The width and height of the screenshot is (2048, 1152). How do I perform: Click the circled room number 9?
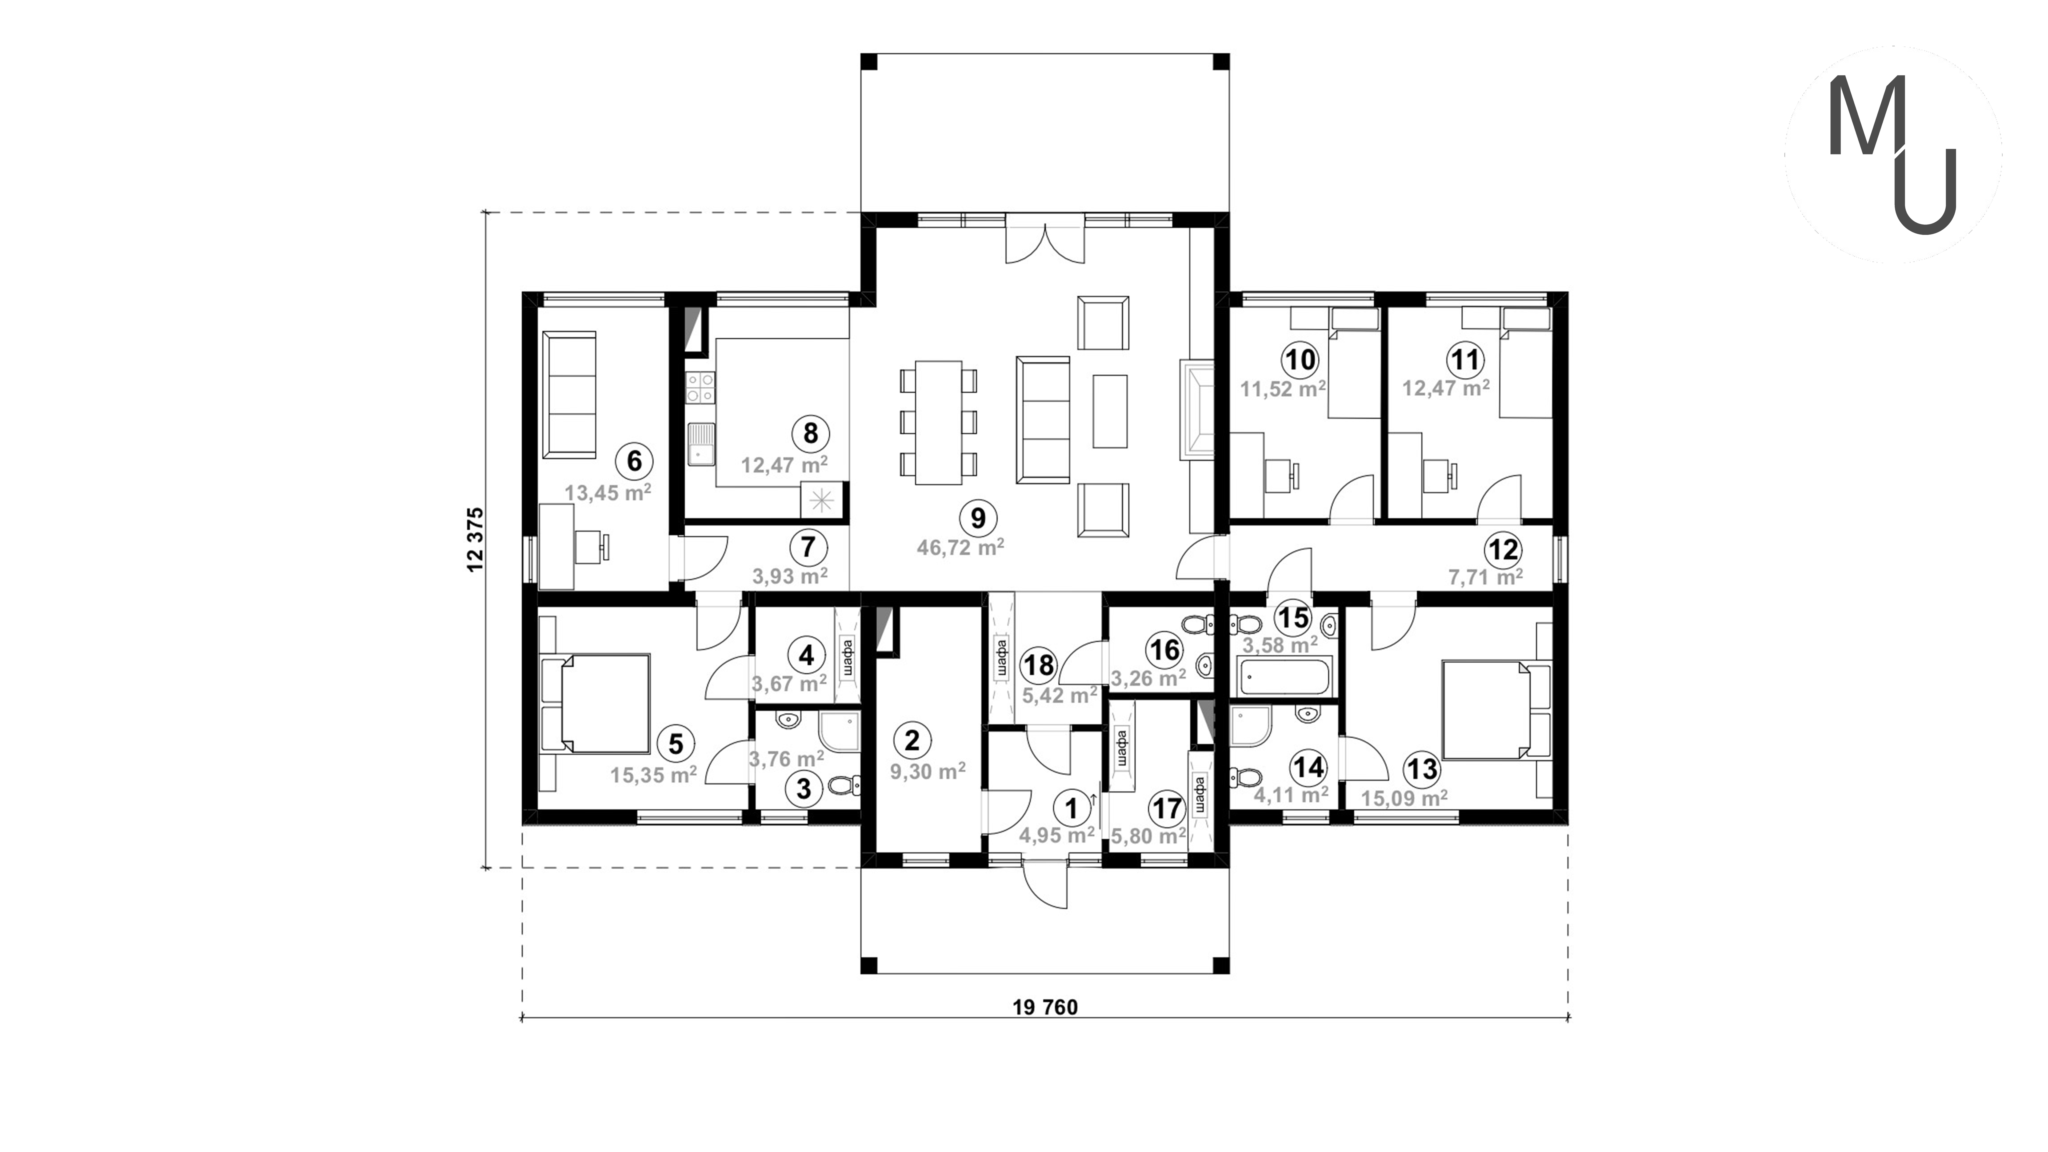click(x=978, y=518)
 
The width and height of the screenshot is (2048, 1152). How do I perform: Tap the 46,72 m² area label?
click(x=960, y=547)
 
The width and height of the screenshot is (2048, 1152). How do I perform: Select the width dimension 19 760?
click(x=1045, y=1007)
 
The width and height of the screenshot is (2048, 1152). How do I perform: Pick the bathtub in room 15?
click(x=1284, y=677)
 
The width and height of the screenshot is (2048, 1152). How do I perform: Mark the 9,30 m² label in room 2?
click(x=928, y=771)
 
